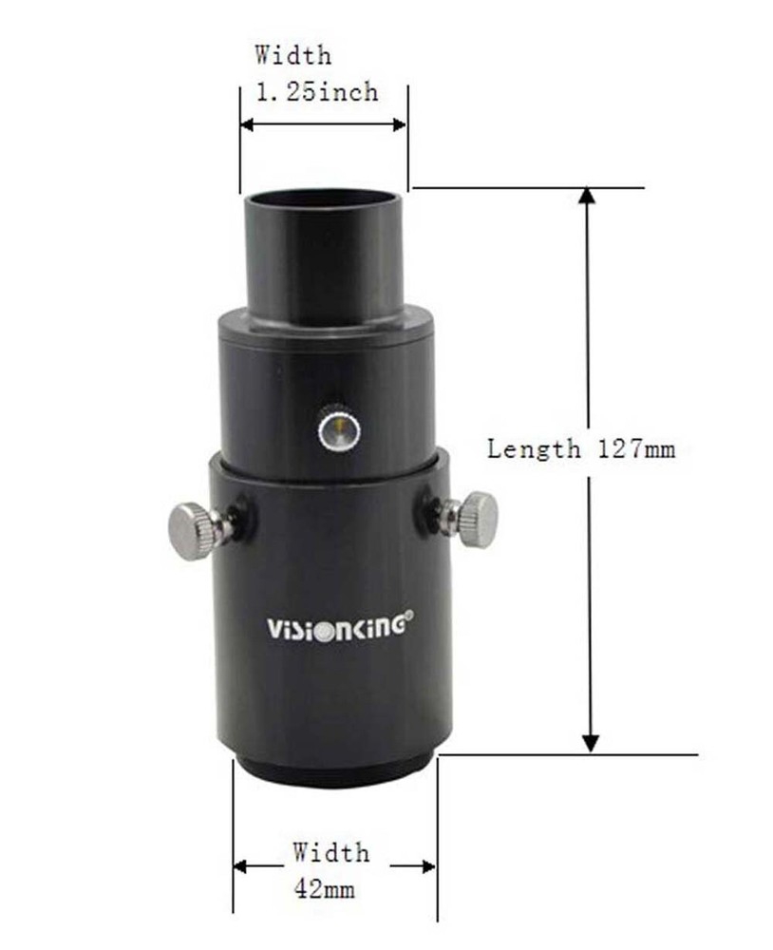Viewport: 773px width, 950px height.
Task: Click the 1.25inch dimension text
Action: click(x=317, y=92)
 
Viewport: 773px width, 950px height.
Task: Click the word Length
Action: click(x=533, y=448)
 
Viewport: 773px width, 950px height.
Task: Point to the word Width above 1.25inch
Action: click(x=293, y=55)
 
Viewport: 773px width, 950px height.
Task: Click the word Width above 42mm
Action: click(x=330, y=852)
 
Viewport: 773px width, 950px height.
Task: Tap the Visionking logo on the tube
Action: click(x=337, y=627)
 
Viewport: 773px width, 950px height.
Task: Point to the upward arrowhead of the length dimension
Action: click(x=588, y=195)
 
